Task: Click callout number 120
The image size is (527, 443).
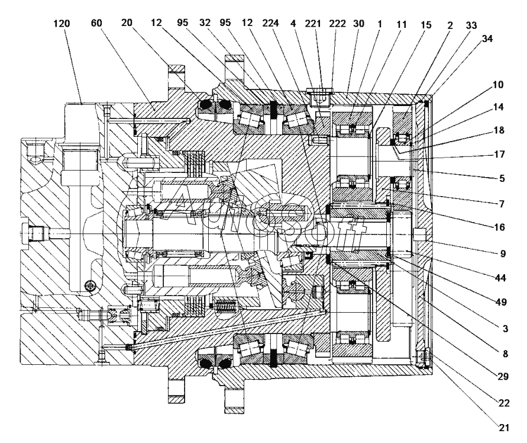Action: click(62, 23)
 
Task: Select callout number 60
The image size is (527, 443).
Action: click(96, 23)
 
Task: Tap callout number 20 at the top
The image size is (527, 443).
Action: click(127, 23)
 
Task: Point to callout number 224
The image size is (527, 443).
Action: click(270, 23)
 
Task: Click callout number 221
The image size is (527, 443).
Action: click(313, 24)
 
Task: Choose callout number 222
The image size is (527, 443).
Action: click(338, 24)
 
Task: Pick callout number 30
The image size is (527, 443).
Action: click(359, 24)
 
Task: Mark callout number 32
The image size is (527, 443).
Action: click(205, 23)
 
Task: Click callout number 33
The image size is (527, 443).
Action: click(471, 25)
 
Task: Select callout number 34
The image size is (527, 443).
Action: click(487, 39)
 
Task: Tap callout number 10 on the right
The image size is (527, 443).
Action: click(498, 85)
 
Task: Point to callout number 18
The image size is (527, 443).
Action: click(499, 130)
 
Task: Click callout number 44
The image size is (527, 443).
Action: click(500, 278)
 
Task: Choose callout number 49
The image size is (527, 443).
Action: click(501, 302)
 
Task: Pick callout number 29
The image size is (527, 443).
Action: click(503, 376)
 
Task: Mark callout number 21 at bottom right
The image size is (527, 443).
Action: click(504, 428)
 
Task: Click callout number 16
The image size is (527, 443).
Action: click(500, 227)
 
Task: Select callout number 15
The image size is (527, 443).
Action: click(426, 25)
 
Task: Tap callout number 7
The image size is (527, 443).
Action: click(502, 204)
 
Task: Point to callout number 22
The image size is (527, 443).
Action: click(504, 403)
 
